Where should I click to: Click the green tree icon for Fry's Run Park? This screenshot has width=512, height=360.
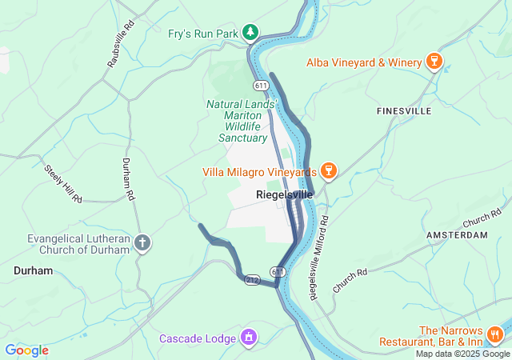coord(251,32)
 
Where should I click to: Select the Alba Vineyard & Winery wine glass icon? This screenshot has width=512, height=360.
coord(434,62)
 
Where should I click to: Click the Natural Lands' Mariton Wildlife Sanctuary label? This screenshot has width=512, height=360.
coord(242,121)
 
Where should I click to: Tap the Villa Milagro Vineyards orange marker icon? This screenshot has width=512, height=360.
coord(326,171)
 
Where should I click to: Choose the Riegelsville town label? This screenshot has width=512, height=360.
coord(284,194)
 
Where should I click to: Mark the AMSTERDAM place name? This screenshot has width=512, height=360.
coord(457,235)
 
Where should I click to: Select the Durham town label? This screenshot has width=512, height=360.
coord(33,271)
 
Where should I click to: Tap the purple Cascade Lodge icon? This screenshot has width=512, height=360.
coord(250,338)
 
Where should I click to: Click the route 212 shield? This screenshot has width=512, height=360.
coord(252,280)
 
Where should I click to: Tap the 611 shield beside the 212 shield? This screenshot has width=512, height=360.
coord(277,273)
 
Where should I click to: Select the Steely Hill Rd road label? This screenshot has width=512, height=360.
coord(63,183)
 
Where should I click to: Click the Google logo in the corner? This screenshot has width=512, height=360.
coord(26,350)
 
